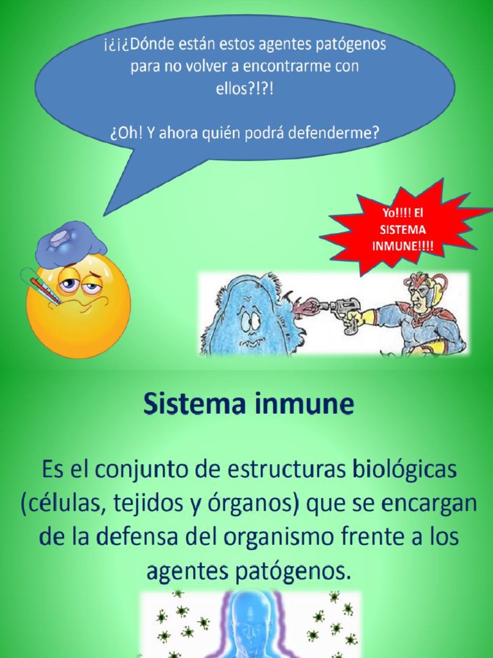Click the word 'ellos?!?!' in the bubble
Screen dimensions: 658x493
pos(245,89)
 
